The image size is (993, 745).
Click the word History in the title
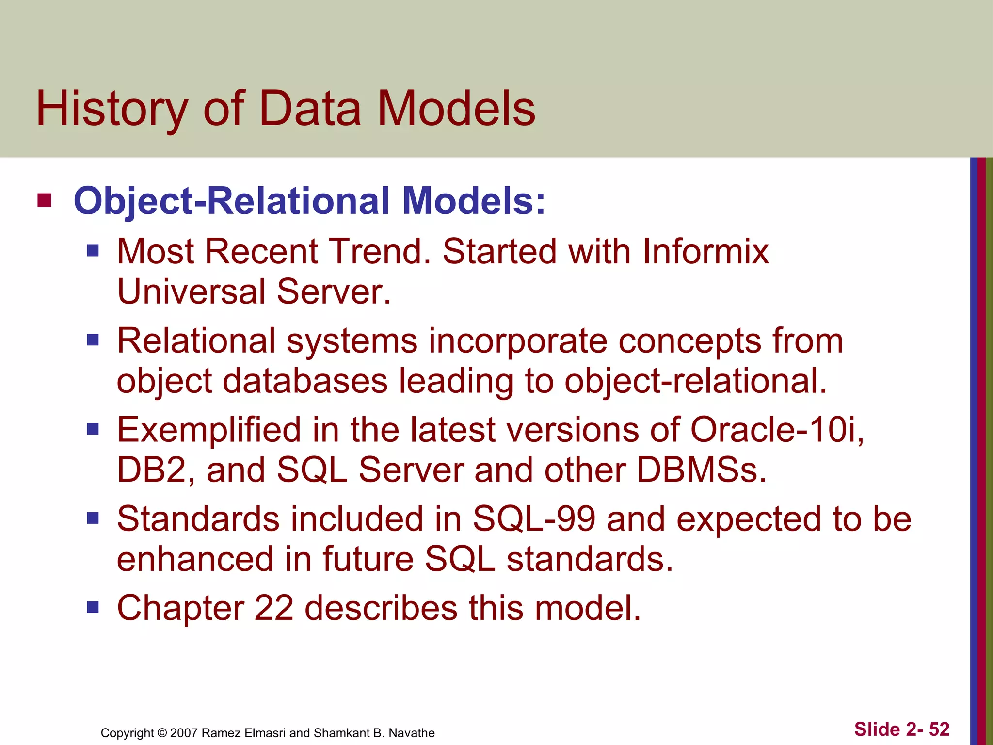coord(112,109)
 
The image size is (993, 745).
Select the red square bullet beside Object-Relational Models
coord(44,200)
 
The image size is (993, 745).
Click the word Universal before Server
coord(191,292)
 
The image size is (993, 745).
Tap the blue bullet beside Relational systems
coord(93,340)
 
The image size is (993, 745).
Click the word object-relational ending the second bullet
coord(695,381)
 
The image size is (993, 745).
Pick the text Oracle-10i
coord(776,430)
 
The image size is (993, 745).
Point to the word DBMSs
coord(701,470)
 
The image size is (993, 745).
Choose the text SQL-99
coord(534,519)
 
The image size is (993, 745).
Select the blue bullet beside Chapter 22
coord(93,607)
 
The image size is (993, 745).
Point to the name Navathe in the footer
coord(412,733)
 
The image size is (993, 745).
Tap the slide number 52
coord(939,729)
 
